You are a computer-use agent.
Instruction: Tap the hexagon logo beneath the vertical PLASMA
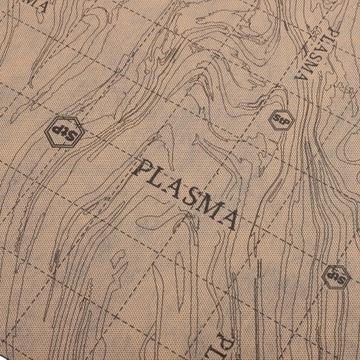[x=281, y=119]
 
